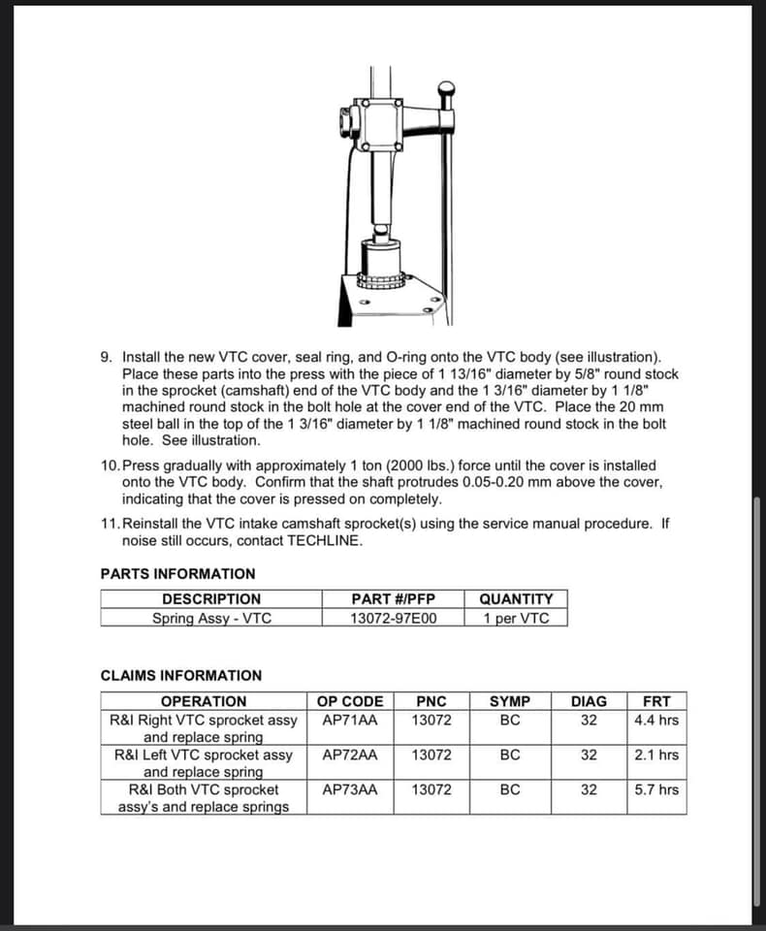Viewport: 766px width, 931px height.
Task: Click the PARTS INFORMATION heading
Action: pyautogui.click(x=177, y=573)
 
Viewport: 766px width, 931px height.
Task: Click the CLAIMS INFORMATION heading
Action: pyautogui.click(x=181, y=676)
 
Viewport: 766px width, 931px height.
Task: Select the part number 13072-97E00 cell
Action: pyautogui.click(x=393, y=618)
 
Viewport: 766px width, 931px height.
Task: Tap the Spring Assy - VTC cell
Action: pyautogui.click(x=211, y=618)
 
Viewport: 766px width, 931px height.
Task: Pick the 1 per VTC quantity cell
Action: pyautogui.click(x=516, y=618)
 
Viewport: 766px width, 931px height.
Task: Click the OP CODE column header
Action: pyautogui.click(x=350, y=701)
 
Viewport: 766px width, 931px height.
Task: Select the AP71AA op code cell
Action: pyautogui.click(x=350, y=721)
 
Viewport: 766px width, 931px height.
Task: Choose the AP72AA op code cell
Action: pyautogui.click(x=350, y=755)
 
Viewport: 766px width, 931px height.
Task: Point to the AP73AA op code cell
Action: pyautogui.click(x=350, y=790)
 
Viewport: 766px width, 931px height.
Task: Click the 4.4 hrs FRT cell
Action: pyautogui.click(x=656, y=721)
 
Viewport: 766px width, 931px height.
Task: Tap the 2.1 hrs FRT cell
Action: pyautogui.click(x=656, y=755)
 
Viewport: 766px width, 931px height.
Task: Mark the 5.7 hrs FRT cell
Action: pyautogui.click(x=656, y=790)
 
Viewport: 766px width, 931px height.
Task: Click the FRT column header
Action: pyautogui.click(x=656, y=701)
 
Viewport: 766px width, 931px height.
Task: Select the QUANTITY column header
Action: pyautogui.click(x=516, y=599)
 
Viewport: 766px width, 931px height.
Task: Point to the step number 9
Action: pyautogui.click(x=106, y=358)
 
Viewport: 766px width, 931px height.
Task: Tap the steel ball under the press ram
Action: pyautogui.click(x=381, y=231)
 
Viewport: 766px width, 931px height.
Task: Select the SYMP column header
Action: pyautogui.click(x=510, y=701)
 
